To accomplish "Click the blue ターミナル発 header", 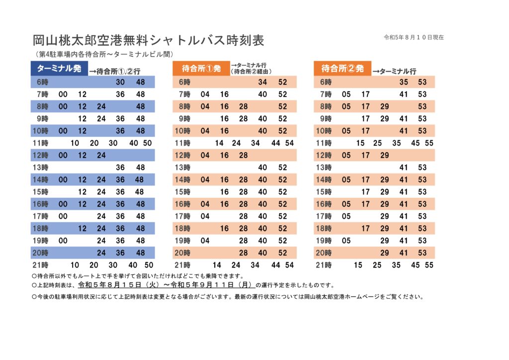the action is tap(59, 68).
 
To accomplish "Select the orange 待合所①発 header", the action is tap(201, 68).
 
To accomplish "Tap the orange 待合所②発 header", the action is tap(342, 68).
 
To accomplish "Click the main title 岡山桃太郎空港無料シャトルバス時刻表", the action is tap(148, 40).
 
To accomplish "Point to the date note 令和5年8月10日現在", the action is tap(414, 37).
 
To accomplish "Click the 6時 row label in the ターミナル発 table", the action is tap(43, 82).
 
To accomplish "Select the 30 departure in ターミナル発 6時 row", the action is tap(120, 82).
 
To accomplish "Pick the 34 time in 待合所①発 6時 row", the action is tap(262, 82).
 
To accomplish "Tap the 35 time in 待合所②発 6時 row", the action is tap(404, 82).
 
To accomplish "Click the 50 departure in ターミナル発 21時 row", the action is tap(149, 265).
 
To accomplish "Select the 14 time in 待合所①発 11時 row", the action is tap(219, 143).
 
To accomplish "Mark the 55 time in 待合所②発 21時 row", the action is tap(429, 265).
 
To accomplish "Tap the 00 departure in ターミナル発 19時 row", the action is tap(63, 241).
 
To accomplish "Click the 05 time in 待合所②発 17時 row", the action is tap(346, 216).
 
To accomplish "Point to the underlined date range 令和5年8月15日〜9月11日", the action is tap(167, 285).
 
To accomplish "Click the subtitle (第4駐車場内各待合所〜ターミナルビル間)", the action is tap(104, 54).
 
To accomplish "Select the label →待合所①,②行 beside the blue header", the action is tap(115, 71).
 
